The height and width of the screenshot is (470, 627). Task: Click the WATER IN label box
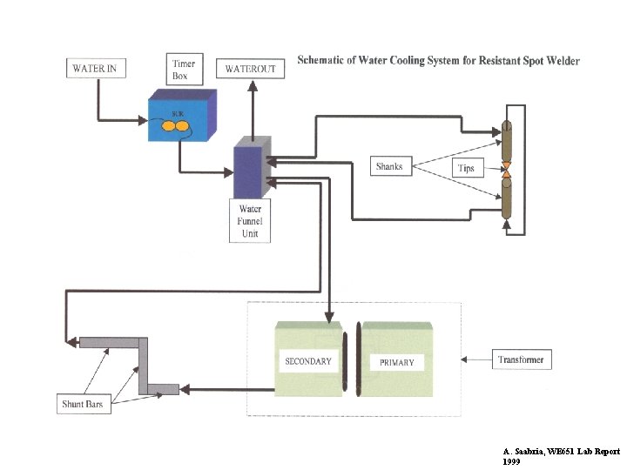click(94, 67)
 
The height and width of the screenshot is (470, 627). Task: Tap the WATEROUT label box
click(253, 68)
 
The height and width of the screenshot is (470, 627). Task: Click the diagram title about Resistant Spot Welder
click(438, 61)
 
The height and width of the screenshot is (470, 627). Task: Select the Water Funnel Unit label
click(250, 221)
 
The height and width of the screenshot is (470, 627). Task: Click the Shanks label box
click(389, 165)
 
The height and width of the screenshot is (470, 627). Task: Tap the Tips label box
click(466, 168)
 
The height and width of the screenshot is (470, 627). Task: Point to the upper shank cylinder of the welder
click(505, 140)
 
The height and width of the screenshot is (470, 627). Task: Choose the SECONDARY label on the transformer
click(308, 361)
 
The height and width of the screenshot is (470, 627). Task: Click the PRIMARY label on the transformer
click(397, 362)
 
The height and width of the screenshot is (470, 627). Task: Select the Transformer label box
click(521, 359)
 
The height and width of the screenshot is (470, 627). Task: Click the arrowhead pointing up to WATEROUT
click(253, 85)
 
